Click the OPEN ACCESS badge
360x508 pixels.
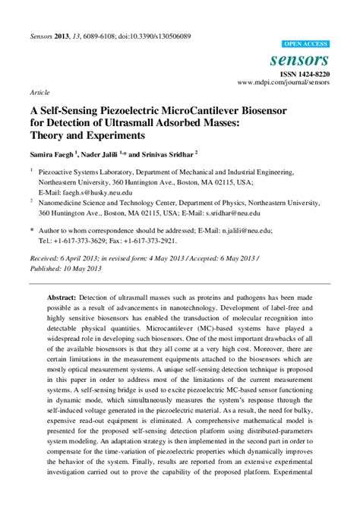pyautogui.click(x=305, y=45)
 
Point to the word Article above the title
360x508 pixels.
pyautogui.click(x=39, y=92)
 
